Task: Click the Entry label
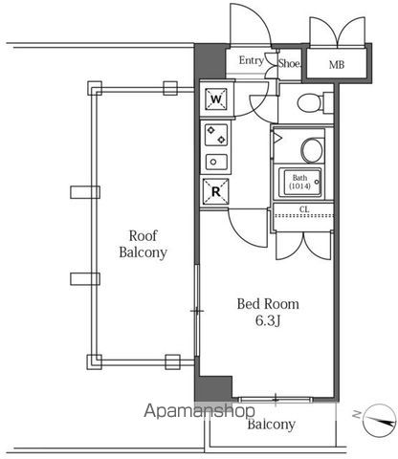(x=252, y=60)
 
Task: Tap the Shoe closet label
(x=290, y=63)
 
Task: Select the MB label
(x=337, y=65)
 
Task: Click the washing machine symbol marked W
(x=216, y=99)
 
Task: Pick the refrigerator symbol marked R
(x=216, y=191)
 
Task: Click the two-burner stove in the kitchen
(x=216, y=135)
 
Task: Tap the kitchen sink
(x=216, y=162)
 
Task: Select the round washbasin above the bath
(x=312, y=150)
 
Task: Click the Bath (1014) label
(x=299, y=182)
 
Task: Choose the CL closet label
(x=304, y=209)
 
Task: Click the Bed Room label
(x=268, y=304)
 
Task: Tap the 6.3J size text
(x=268, y=321)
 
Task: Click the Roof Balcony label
(x=143, y=244)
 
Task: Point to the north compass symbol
(x=378, y=420)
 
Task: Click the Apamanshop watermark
(x=199, y=411)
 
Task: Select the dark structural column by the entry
(x=210, y=61)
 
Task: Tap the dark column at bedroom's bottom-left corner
(x=213, y=388)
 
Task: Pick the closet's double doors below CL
(x=303, y=246)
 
